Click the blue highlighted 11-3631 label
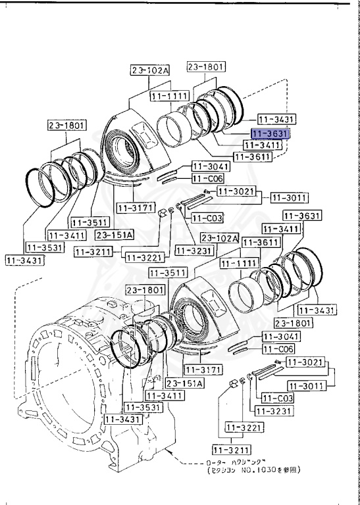[x=270, y=133]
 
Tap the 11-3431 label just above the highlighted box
[x=276, y=120]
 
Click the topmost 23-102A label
[x=149, y=70]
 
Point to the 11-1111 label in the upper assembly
[x=169, y=96]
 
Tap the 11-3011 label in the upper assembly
[x=288, y=197]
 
